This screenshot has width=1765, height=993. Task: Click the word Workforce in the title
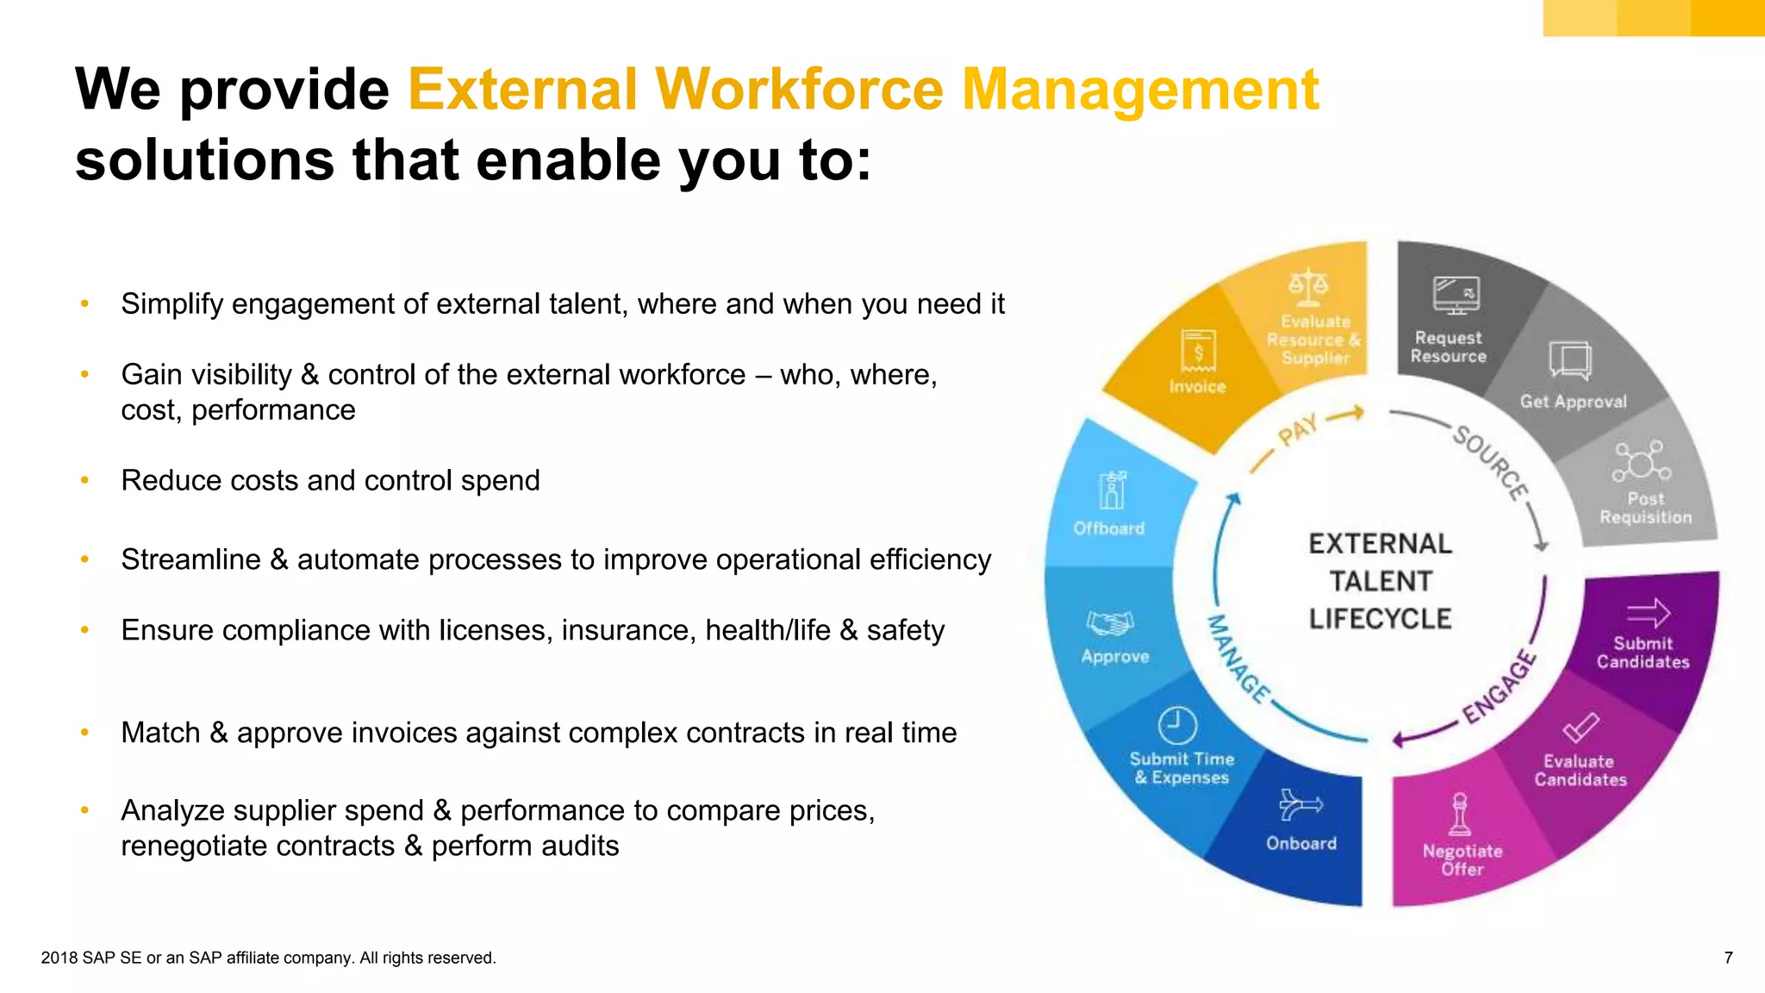coord(799,90)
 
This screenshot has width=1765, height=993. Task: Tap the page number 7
coord(1728,958)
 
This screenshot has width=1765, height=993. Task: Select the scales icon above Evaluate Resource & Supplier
coord(1308,288)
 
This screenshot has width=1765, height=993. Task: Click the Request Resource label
coord(1449,347)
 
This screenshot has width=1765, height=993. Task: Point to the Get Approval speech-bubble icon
coord(1570,359)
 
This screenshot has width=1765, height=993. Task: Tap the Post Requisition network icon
coord(1641,461)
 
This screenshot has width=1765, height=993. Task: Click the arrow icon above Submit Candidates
coord(1648,614)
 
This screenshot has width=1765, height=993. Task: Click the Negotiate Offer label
coord(1463,860)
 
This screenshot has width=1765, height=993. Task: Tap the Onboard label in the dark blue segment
coord(1301,843)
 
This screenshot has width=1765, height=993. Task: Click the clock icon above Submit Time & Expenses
coord(1177,725)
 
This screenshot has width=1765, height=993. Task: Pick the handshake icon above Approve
coord(1110,622)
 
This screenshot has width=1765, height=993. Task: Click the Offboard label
coord(1109,528)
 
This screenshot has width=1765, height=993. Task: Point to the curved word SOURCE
coord(1490,462)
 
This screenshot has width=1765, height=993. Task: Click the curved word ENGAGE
coord(1500,687)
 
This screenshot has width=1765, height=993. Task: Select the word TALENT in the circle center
coord(1380,582)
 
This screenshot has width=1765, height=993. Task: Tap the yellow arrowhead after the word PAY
coord(1357,413)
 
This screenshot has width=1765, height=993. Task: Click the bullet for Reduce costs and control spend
coord(84,480)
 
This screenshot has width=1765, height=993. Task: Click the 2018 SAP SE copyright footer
coord(268,958)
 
